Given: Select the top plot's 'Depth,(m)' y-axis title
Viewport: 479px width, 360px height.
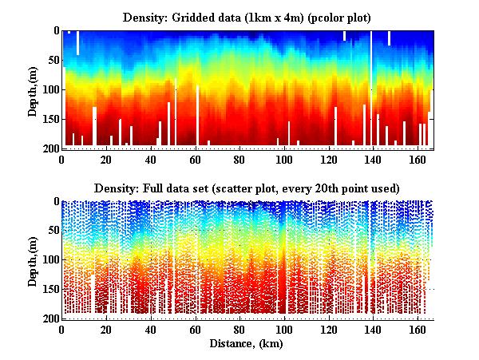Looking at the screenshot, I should click(x=34, y=90).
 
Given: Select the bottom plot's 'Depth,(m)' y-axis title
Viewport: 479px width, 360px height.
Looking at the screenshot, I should click(x=34, y=260).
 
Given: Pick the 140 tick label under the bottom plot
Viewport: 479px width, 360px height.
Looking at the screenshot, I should click(x=371, y=330).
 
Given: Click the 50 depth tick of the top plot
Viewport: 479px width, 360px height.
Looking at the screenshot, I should click(x=50, y=61).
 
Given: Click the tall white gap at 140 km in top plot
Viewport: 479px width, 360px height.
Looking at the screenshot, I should click(x=371, y=88).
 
